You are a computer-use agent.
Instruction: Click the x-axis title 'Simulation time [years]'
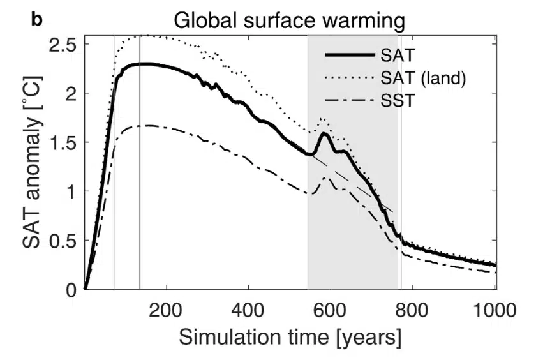point(290,336)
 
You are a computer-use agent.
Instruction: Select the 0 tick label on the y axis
point(72,290)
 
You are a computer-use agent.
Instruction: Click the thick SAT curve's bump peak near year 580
point(324,133)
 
